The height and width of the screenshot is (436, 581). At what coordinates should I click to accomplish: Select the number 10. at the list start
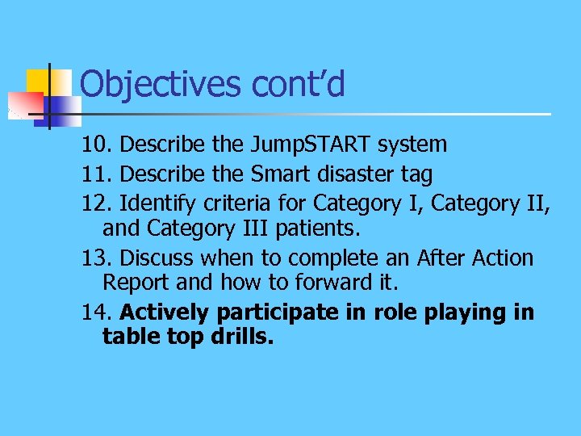click(x=98, y=145)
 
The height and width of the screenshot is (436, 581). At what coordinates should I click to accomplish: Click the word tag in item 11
click(x=417, y=174)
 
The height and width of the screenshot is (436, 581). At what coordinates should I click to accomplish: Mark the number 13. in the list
click(x=98, y=258)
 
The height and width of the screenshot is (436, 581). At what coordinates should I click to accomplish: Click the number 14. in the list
click(x=98, y=312)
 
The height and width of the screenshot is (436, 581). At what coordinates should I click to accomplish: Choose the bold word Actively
click(x=165, y=313)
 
